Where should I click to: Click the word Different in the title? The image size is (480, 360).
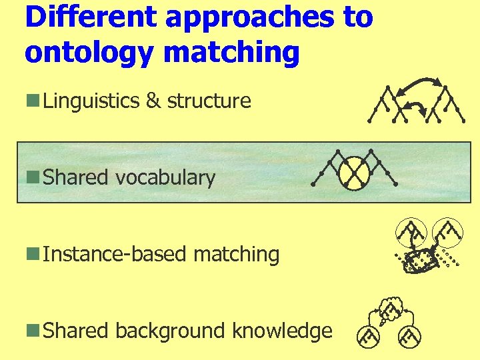tap(90, 18)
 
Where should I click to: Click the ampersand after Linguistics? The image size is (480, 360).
tap(153, 101)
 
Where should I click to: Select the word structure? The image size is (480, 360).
tap(209, 101)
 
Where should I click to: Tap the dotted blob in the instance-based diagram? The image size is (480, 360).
tap(421, 261)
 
